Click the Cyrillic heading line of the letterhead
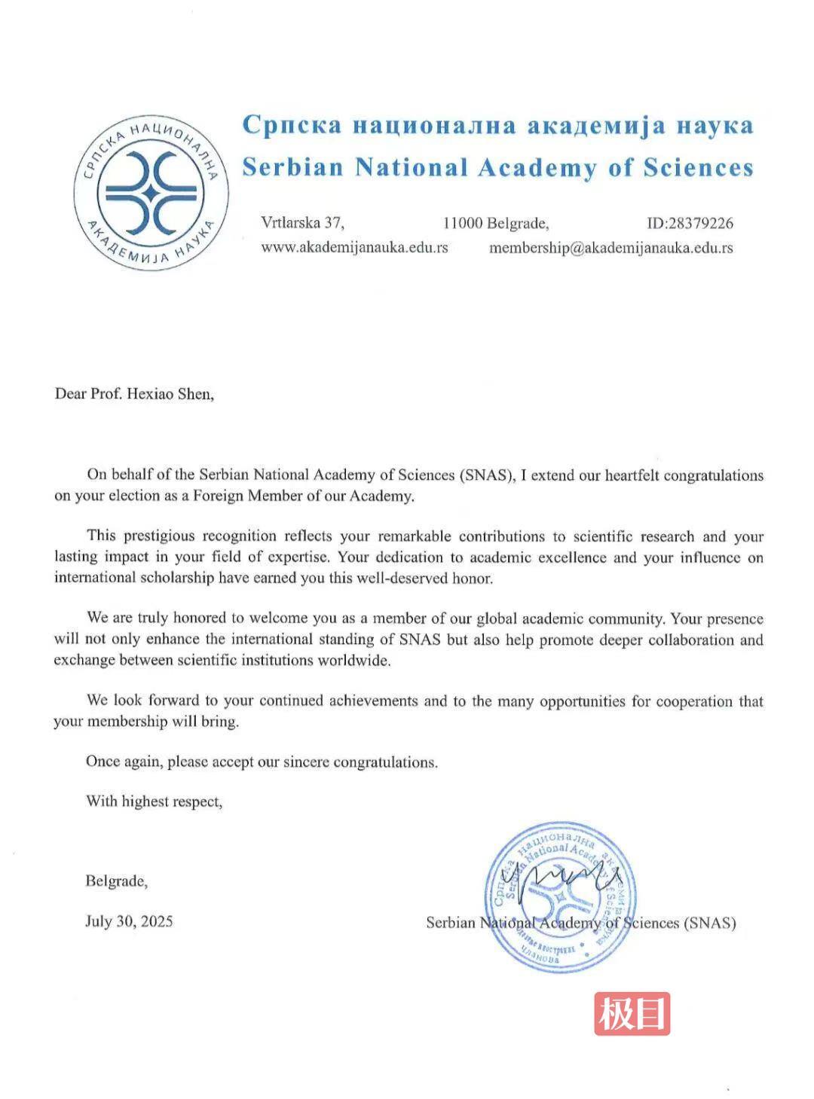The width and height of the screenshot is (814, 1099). (497, 125)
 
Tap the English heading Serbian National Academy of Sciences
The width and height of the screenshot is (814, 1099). (497, 167)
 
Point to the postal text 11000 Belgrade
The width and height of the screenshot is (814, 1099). (496, 223)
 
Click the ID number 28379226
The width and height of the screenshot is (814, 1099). (690, 223)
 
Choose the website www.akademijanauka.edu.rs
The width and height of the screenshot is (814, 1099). (354, 247)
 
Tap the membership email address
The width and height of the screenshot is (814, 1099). (610, 247)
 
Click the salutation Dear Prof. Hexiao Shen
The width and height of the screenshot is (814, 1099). (134, 394)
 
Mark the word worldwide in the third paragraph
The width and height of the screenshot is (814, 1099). (353, 661)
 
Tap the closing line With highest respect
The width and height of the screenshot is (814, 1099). (154, 801)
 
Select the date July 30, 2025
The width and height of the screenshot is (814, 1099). (129, 921)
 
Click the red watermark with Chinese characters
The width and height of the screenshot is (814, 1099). (632, 1013)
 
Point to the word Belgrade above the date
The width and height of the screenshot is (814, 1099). (116, 881)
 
